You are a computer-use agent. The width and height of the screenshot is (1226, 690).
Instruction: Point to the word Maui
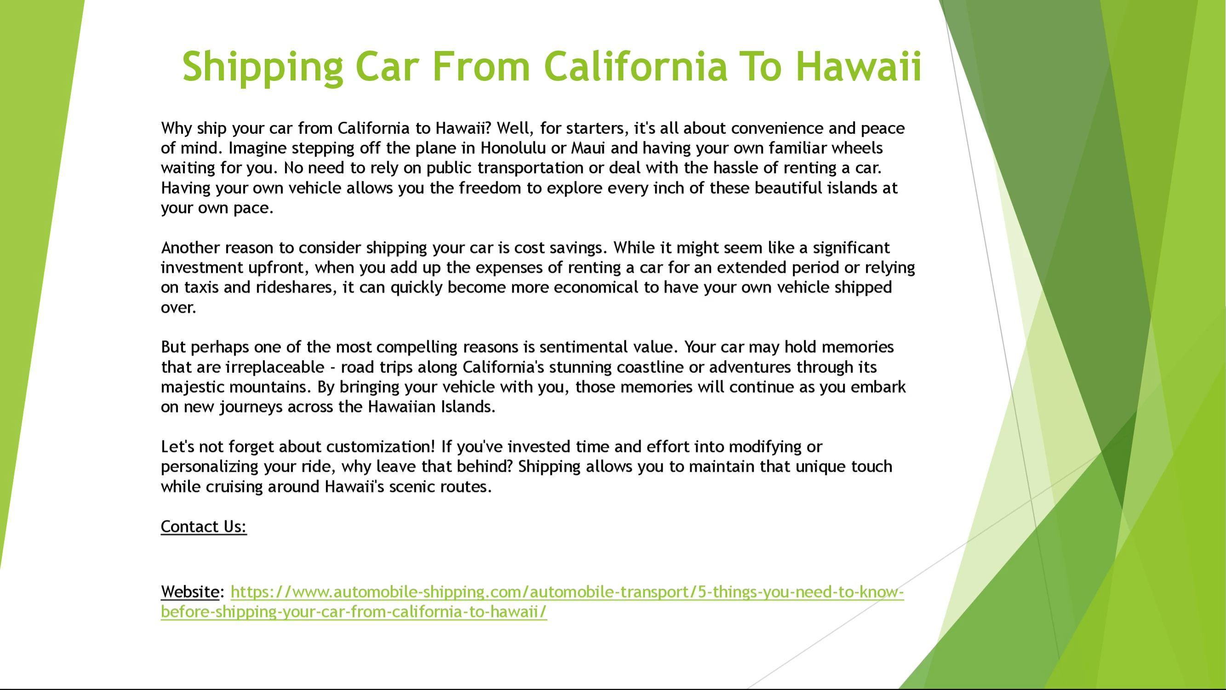[x=588, y=148]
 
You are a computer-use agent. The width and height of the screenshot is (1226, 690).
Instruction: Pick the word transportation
[x=530, y=168]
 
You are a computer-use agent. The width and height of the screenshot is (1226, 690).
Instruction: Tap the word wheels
[x=857, y=148]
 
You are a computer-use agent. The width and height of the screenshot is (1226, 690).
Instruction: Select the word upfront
[x=279, y=268]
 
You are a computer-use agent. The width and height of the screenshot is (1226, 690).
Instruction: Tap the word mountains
[x=270, y=387]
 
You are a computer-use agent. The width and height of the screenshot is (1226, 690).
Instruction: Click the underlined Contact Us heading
[x=204, y=527]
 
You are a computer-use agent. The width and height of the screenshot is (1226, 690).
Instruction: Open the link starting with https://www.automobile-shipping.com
[x=532, y=602]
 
